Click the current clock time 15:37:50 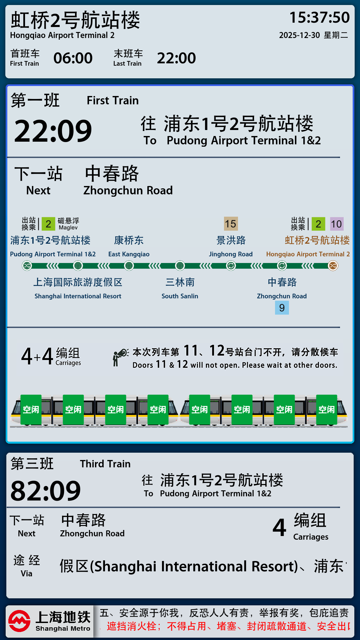tap(319, 18)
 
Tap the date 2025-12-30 tap(299, 35)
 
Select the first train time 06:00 tap(73, 58)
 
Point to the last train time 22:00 tap(176, 58)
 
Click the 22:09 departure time tap(53, 131)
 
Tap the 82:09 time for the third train tap(46, 491)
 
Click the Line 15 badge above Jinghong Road tap(231, 224)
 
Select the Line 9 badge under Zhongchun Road tap(282, 308)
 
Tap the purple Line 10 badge tap(336, 224)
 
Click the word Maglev tap(68, 228)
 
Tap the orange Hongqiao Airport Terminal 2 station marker tap(333, 266)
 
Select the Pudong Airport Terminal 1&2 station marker tap(27, 266)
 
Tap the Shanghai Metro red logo tap(19, 621)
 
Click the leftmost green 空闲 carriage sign tap(31, 410)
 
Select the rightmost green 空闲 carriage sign tap(327, 410)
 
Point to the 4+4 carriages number tap(37, 356)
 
